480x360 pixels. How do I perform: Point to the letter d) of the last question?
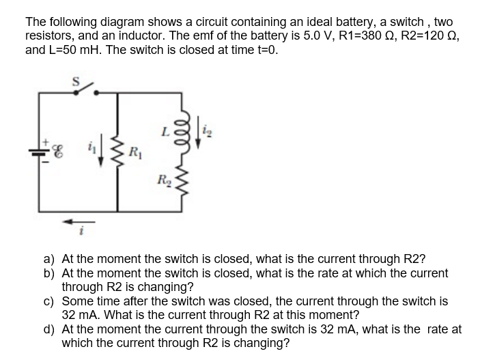point(49,329)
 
